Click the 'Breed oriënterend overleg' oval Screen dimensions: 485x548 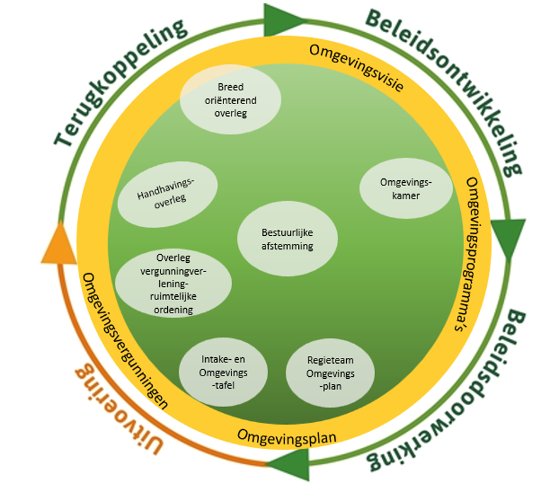pos(230,100)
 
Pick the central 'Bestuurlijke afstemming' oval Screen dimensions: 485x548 pos(287,239)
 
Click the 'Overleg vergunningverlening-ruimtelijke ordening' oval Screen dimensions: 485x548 pos(173,283)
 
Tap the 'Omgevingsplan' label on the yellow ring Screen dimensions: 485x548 pos(286,435)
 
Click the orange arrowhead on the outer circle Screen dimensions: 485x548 pos(59,243)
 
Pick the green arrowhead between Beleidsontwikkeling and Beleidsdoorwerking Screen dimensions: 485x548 pos(508,237)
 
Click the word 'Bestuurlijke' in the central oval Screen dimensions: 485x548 pos(287,232)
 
